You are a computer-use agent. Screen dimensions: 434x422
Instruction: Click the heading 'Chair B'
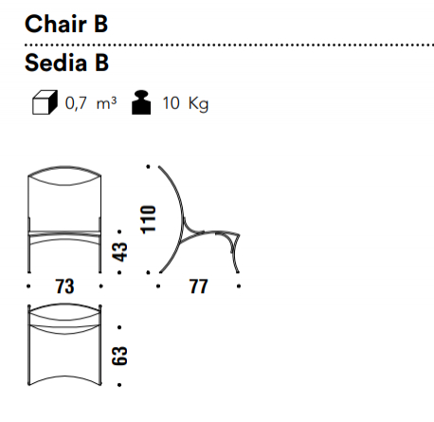[x=66, y=24]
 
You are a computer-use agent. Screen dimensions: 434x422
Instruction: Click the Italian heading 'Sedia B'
[x=66, y=63]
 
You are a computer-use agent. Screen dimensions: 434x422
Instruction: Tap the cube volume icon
[x=45, y=102]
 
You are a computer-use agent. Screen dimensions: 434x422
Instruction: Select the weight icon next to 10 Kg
[x=141, y=102]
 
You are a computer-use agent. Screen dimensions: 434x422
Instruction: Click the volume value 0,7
[x=76, y=103]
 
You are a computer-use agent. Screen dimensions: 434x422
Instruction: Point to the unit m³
[x=106, y=103]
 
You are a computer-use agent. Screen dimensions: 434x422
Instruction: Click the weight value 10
[x=171, y=103]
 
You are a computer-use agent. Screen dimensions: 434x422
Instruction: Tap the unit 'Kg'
[x=199, y=103]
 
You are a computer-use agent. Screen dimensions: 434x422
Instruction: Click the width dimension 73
[x=64, y=286]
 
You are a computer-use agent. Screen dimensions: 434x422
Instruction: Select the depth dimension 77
[x=198, y=286]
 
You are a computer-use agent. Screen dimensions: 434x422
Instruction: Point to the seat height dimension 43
[x=119, y=252]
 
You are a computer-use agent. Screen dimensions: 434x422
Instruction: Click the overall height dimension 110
[x=148, y=220]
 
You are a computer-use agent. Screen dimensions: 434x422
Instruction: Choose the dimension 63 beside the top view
[x=119, y=357]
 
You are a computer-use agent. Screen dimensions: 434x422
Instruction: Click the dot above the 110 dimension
[x=149, y=166]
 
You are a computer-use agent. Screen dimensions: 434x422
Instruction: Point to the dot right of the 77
[x=239, y=286]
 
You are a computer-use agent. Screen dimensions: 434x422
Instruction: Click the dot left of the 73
[x=29, y=286]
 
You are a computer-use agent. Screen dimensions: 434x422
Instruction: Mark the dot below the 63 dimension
[x=119, y=385]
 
